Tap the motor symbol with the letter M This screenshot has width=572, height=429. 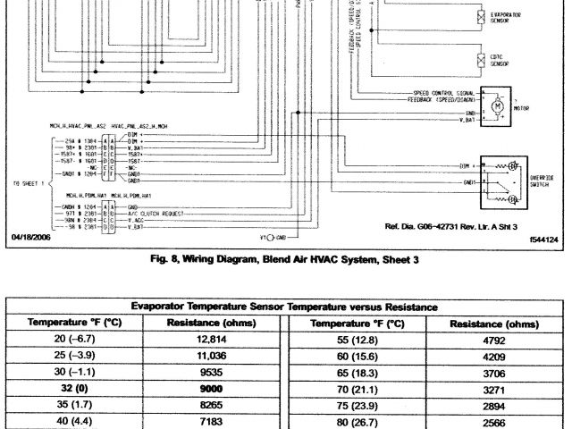(x=493, y=107)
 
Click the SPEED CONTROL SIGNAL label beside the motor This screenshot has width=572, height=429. (x=445, y=92)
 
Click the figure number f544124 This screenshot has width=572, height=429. (x=542, y=240)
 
